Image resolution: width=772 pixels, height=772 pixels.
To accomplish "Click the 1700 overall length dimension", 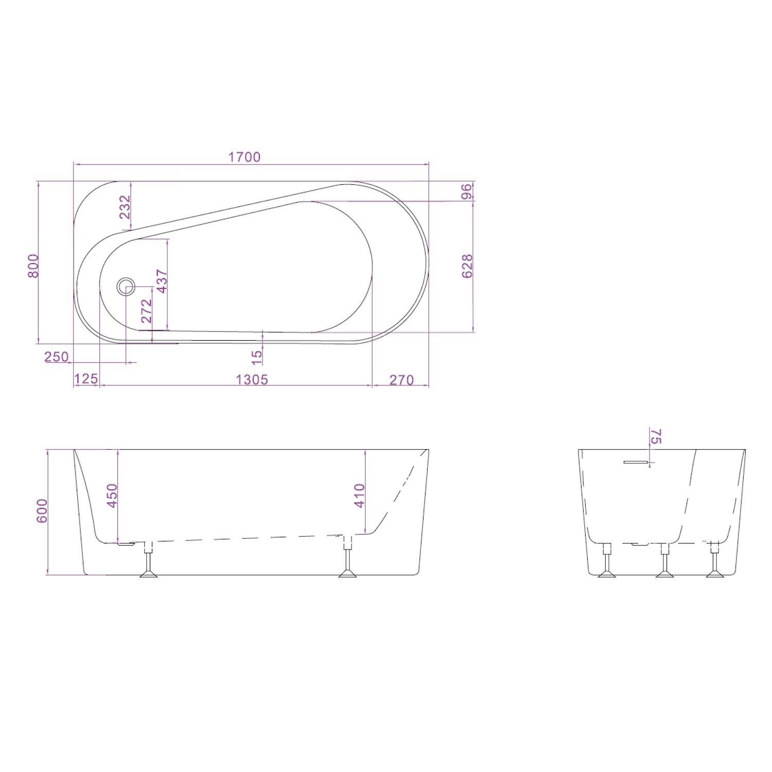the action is pos(244,156).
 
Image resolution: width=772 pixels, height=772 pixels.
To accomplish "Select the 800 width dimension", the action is pos(33,266).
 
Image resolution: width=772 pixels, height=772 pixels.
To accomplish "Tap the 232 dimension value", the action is pos(125,207).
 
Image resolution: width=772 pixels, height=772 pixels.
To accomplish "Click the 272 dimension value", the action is pos(147,311).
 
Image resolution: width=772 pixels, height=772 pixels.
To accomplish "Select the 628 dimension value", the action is pos(467,266).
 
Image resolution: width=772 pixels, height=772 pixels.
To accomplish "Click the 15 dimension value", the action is pos(257,354).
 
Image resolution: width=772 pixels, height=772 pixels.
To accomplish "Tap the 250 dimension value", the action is pos(57,357).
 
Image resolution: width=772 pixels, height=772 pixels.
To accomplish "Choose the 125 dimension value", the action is pos(86,380).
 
